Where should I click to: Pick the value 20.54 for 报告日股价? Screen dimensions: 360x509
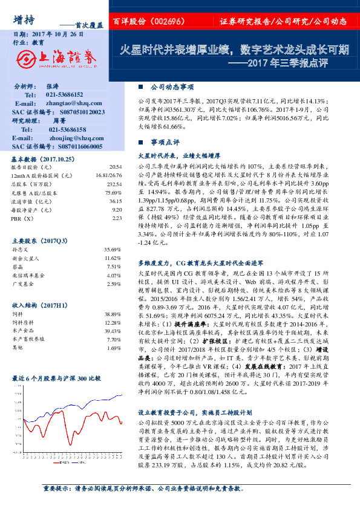click(x=116, y=166)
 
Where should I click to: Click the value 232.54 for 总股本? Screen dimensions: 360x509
click(x=114, y=183)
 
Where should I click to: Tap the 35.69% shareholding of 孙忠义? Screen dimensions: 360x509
click(x=113, y=249)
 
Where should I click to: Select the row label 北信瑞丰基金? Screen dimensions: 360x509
click(x=29, y=274)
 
